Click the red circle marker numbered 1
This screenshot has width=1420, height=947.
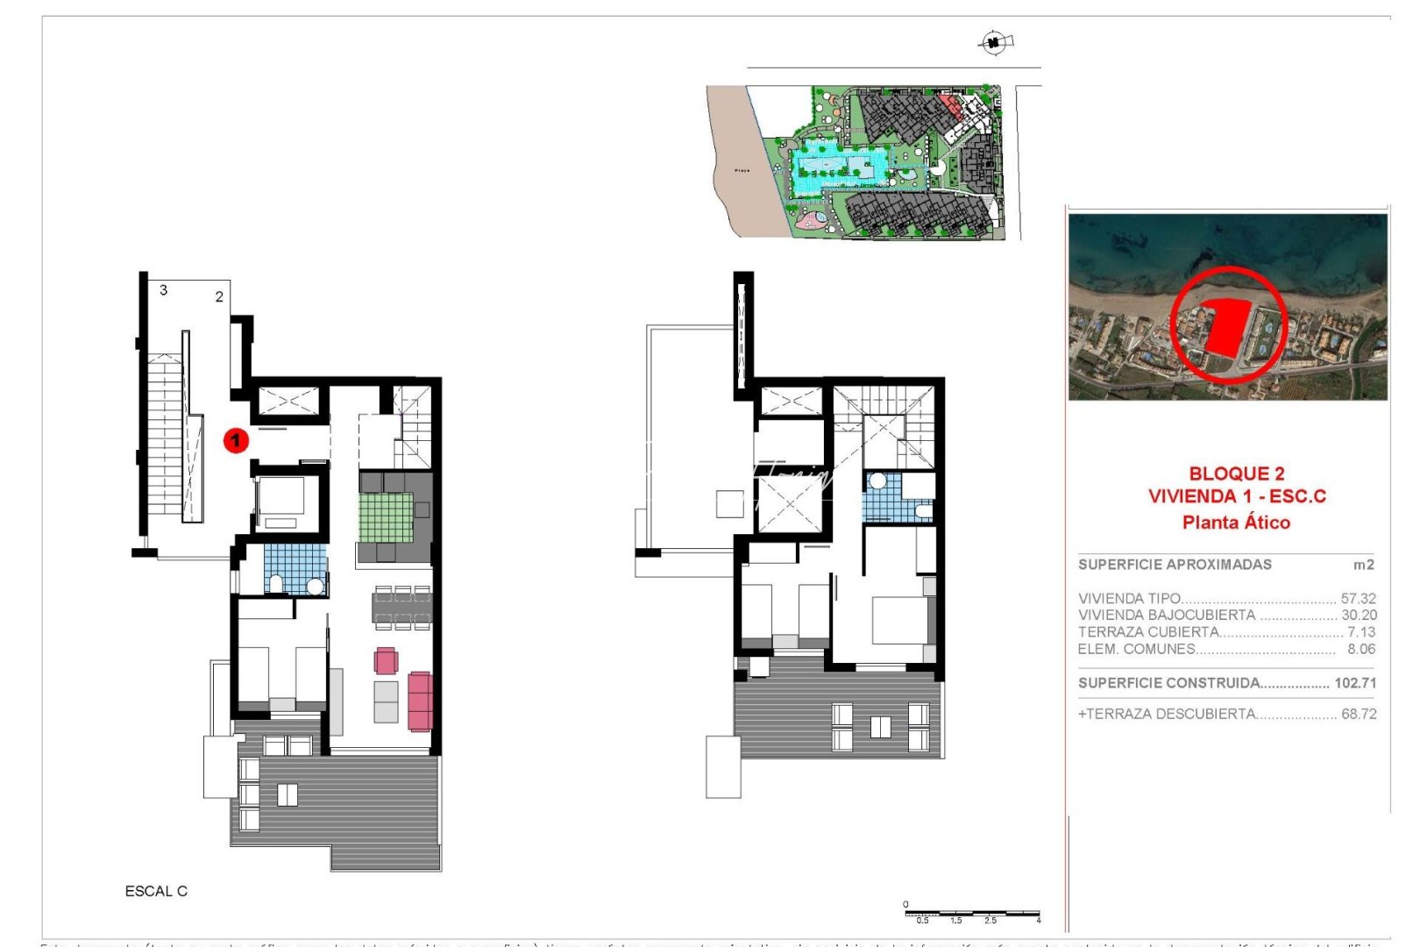pyautogui.click(x=236, y=440)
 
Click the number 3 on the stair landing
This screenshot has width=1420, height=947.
pyautogui.click(x=164, y=289)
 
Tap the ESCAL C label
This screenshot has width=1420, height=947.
pyautogui.click(x=156, y=891)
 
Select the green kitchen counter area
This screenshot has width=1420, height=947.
pyautogui.click(x=386, y=517)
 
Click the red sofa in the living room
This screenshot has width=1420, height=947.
pyautogui.click(x=420, y=701)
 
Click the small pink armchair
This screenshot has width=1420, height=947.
pyautogui.click(x=386, y=660)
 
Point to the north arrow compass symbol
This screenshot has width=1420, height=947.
pyautogui.click(x=994, y=41)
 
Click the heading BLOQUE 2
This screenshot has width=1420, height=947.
pyautogui.click(x=1237, y=473)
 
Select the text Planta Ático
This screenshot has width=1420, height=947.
pyautogui.click(x=1236, y=523)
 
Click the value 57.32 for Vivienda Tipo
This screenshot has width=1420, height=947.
pyautogui.click(x=1358, y=598)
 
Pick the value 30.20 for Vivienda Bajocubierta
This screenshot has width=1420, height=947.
pyautogui.click(x=1358, y=615)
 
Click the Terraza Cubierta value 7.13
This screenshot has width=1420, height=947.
pyautogui.click(x=1360, y=631)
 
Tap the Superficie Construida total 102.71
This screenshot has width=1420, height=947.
pyautogui.click(x=1355, y=682)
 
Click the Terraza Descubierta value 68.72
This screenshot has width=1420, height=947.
pyautogui.click(x=1358, y=714)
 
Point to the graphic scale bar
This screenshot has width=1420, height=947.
pyautogui.click(x=972, y=914)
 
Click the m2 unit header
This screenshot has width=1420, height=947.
pyautogui.click(x=1363, y=565)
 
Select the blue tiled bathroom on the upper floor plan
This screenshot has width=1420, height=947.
pyautogui.click(x=887, y=504)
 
